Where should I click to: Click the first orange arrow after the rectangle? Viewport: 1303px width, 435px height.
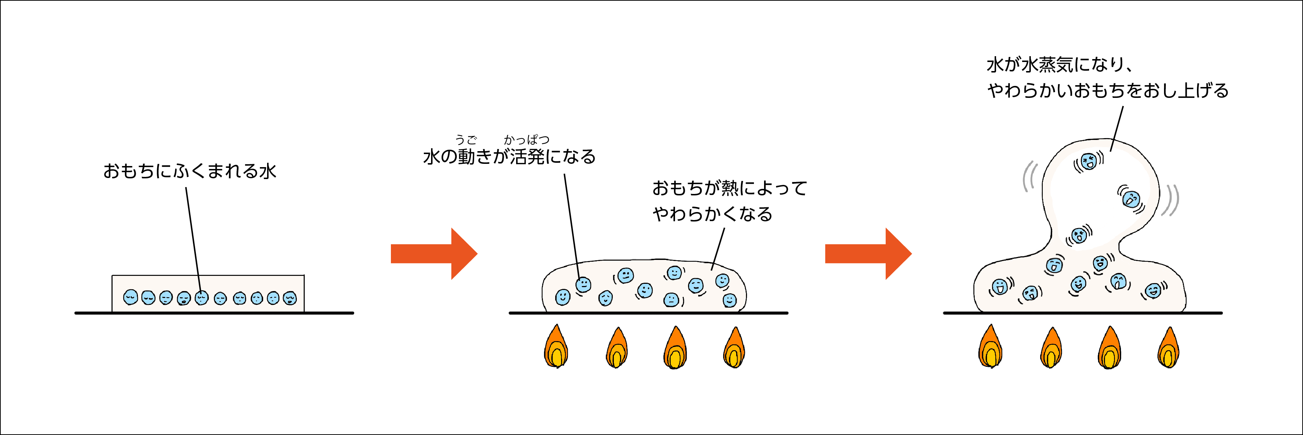pyautogui.click(x=434, y=253)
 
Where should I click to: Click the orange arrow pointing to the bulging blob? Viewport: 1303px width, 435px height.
pyautogui.click(x=868, y=253)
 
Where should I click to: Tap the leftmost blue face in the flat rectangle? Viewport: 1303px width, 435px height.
pyautogui.click(x=131, y=297)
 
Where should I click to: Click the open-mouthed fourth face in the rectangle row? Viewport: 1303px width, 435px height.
pyautogui.click(x=184, y=298)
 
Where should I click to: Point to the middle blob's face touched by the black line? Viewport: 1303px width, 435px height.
pyautogui.click(x=583, y=285)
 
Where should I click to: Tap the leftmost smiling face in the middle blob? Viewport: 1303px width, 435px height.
pyautogui.click(x=562, y=297)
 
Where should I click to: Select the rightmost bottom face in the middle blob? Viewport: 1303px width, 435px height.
pyautogui.click(x=729, y=300)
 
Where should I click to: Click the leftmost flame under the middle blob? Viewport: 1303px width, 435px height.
pyautogui.click(x=556, y=347)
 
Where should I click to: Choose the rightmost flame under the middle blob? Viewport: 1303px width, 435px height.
pyautogui.click(x=734, y=348)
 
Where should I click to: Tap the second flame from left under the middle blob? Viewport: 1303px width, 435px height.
pyautogui.click(x=617, y=348)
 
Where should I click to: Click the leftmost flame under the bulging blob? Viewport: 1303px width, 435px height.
pyautogui.click(x=990, y=347)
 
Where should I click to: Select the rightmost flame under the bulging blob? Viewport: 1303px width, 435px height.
pyautogui.click(x=1168, y=348)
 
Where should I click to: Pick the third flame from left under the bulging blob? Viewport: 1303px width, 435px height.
pyautogui.click(x=1110, y=348)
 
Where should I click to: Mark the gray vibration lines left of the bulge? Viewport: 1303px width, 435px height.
pyautogui.click(x=1029, y=176)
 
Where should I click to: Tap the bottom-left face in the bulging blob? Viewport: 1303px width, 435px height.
pyautogui.click(x=999, y=287)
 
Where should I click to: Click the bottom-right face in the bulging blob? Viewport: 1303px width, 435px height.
pyautogui.click(x=1153, y=291)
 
